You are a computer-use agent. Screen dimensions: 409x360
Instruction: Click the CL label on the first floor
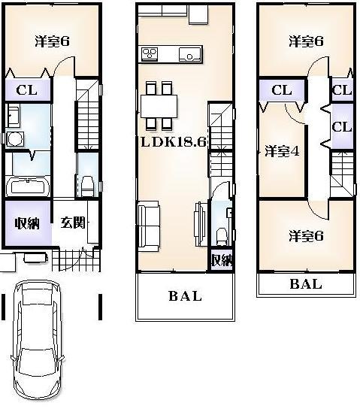click(28, 90)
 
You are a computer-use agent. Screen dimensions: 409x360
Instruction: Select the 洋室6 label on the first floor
click(52, 41)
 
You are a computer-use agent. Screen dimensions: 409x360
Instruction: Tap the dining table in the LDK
click(159, 105)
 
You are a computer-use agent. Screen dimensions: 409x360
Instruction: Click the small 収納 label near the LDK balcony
click(219, 260)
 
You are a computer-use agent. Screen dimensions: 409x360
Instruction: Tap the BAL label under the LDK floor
click(185, 296)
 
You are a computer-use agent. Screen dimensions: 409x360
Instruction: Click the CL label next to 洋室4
click(281, 91)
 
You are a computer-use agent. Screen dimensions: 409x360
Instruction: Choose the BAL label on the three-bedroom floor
click(305, 284)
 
